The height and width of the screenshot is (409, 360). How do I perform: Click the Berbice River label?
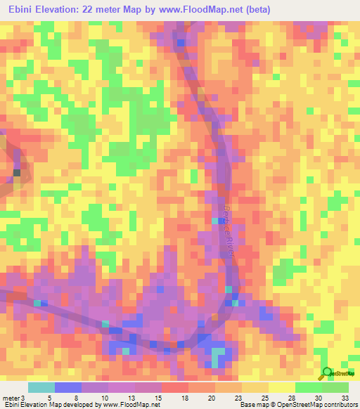coord(227,233)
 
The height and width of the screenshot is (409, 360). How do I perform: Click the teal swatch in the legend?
coord(41,387)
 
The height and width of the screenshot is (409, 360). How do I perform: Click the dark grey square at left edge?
coord(17,172)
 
